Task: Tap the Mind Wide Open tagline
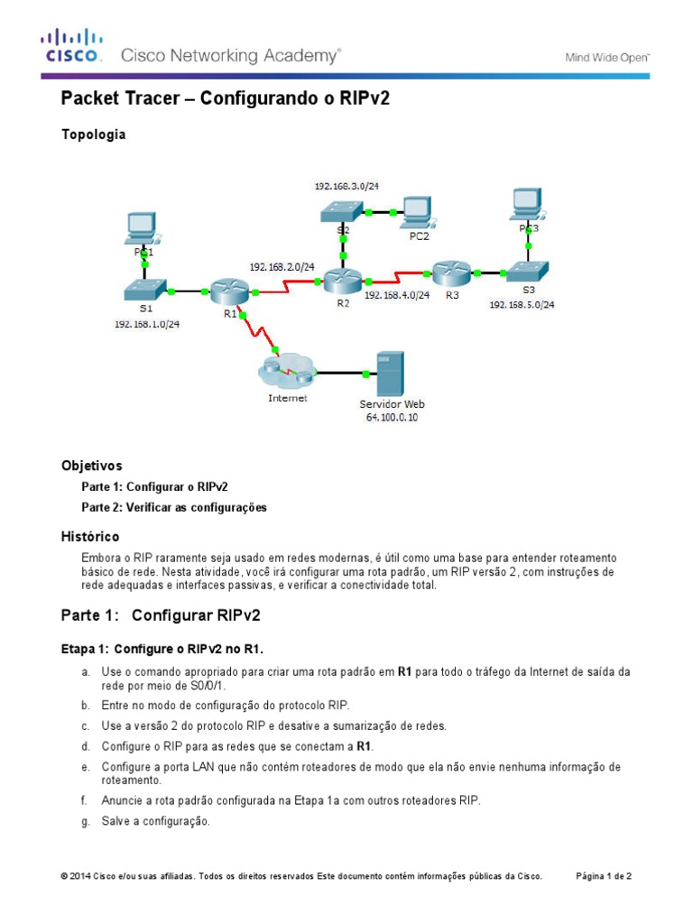tap(606, 57)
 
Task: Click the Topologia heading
tap(93, 134)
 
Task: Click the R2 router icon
tap(342, 281)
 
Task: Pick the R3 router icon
tap(450, 272)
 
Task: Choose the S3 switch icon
tap(527, 271)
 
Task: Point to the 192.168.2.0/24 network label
tap(282, 267)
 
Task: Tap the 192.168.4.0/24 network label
tap(397, 294)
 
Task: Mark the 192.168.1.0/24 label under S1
tap(146, 324)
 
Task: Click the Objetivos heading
tap(91, 467)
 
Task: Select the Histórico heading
tap(89, 537)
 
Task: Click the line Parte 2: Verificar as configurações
tap(174, 507)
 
